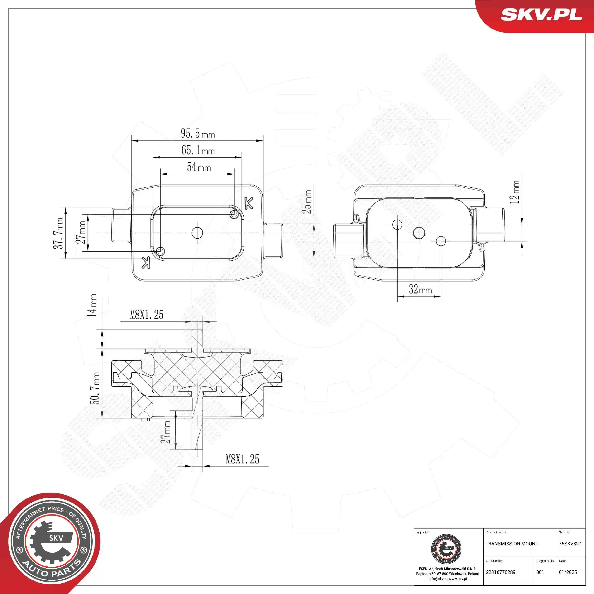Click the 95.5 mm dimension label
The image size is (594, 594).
coord(197,134)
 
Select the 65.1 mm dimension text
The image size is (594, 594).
coord(198,150)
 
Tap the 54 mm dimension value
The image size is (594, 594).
coord(199,167)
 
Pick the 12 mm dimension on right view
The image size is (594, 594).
coord(514,192)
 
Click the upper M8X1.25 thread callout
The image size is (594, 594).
coord(146,315)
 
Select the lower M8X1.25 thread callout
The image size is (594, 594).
coord(242,459)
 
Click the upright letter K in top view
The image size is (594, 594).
coord(249,203)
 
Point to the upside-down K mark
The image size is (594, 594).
coord(146,262)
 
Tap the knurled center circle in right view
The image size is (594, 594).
coord(419,233)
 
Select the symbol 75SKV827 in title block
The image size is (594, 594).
coord(570,544)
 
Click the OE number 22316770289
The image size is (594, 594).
coord(501,572)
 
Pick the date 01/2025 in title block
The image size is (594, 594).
coord(568,572)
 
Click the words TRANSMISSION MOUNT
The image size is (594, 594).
coord(511,544)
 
